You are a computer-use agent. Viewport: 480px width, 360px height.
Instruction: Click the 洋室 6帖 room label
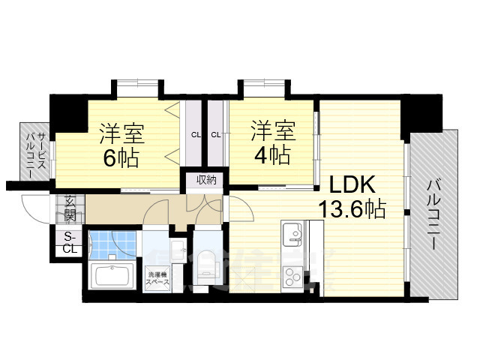[x=121, y=145]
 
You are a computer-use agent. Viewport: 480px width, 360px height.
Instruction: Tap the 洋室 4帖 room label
[x=271, y=142]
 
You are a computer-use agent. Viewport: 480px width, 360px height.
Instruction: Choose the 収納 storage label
[x=206, y=180]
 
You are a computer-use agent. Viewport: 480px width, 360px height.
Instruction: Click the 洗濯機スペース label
[x=157, y=278]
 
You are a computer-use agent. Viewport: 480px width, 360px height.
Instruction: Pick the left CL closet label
[x=195, y=136]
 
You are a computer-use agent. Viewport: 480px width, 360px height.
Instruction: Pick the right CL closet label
[x=216, y=136]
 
